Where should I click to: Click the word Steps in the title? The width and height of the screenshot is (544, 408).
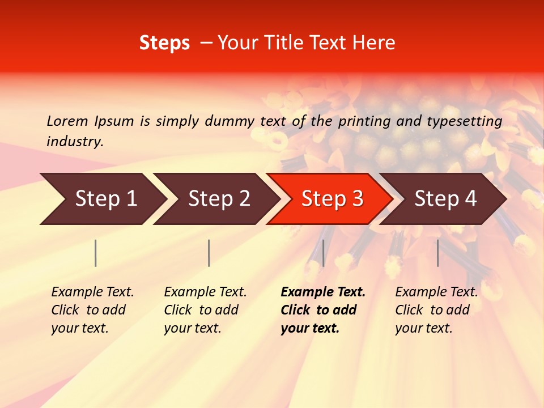coord(164,43)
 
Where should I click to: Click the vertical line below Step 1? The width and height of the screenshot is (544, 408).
coord(96,253)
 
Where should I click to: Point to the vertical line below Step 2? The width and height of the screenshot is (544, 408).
coord(209,253)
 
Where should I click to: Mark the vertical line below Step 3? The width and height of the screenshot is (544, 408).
coord(323,253)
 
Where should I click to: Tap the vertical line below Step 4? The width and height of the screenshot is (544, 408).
coord(438,253)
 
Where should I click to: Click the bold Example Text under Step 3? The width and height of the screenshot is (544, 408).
coord(323,310)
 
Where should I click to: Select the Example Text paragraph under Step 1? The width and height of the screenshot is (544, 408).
coord(92,310)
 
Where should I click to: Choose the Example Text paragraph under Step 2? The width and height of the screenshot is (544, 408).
coord(205,310)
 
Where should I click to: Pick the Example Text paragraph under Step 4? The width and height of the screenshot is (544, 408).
coord(436,310)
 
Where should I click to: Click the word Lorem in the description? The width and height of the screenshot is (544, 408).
coord(67,121)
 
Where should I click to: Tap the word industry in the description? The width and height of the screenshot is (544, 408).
coord(75,142)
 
